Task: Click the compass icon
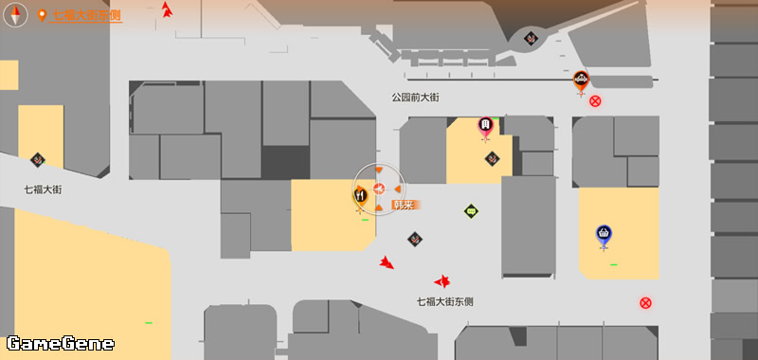pyautogui.click(x=15, y=15)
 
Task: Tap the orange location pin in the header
pyautogui.click(x=42, y=16)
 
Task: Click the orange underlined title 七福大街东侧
pyautogui.click(x=86, y=16)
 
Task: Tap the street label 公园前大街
pyautogui.click(x=415, y=98)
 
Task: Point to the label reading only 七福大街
pyautogui.click(x=43, y=189)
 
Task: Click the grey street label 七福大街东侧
pyautogui.click(x=444, y=302)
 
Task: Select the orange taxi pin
pyautogui.click(x=581, y=81)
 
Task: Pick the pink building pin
pyautogui.click(x=485, y=127)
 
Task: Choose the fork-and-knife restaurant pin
pyautogui.click(x=360, y=197)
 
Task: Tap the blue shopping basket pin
pyautogui.click(x=604, y=235)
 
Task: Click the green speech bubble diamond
pyautogui.click(x=471, y=211)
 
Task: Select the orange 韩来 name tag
pyautogui.click(x=406, y=205)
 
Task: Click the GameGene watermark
pyautogui.click(x=61, y=344)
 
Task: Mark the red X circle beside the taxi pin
pyautogui.click(x=595, y=101)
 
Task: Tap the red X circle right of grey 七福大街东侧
pyautogui.click(x=645, y=303)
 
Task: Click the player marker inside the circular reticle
pyautogui.click(x=378, y=188)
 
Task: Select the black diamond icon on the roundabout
pyautogui.click(x=531, y=38)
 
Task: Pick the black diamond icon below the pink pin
pyautogui.click(x=492, y=158)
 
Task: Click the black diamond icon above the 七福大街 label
pyautogui.click(x=38, y=160)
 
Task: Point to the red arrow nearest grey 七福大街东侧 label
pyautogui.click(x=442, y=280)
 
